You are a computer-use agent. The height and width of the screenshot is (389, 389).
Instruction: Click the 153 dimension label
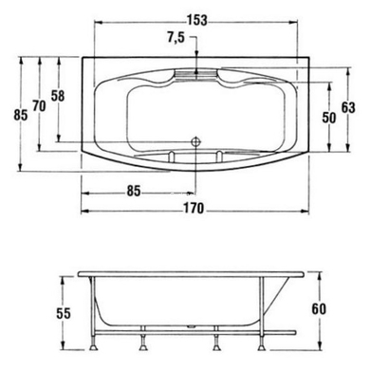coord(196,19)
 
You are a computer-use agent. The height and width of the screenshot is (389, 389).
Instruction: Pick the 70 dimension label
coord(39,105)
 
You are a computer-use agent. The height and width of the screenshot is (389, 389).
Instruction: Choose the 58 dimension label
coord(59,96)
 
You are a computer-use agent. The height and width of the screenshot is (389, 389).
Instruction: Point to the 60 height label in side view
coord(320,307)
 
